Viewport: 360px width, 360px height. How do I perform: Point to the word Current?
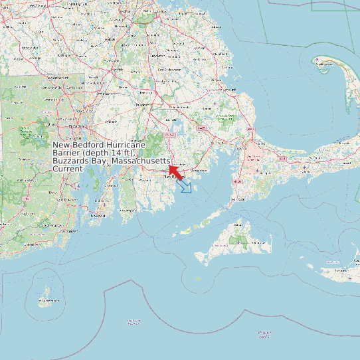[x=68, y=169]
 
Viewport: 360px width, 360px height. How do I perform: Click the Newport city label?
[x=98, y=216]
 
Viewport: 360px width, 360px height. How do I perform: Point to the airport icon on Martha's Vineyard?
[x=238, y=240]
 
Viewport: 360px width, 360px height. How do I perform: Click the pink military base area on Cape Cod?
[x=254, y=155]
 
